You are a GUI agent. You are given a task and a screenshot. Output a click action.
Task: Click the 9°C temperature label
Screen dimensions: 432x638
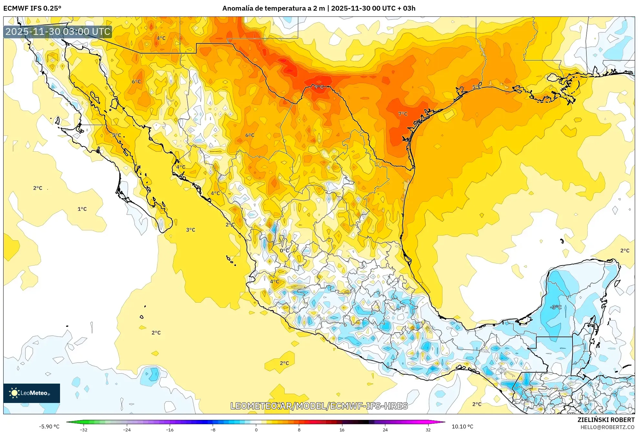tap(319, 87)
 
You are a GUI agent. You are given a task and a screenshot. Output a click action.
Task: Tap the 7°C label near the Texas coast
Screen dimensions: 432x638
tap(403, 114)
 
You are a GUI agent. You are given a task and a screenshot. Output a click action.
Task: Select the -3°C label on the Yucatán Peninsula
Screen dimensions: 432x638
tap(556, 307)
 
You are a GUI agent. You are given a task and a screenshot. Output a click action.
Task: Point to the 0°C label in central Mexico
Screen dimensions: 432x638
tap(284, 250)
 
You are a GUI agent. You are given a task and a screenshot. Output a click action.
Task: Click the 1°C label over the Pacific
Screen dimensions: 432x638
tap(82, 209)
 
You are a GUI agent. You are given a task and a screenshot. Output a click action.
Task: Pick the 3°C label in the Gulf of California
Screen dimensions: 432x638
tap(190, 230)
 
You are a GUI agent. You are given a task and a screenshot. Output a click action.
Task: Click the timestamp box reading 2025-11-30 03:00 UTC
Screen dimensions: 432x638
tap(58, 32)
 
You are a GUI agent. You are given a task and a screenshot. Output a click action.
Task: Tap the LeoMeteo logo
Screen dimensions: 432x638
tap(31, 393)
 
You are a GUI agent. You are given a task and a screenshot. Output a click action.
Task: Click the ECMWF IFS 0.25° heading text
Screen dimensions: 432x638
tap(32, 8)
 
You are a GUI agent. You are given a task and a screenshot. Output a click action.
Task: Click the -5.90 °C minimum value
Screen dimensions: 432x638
tap(49, 427)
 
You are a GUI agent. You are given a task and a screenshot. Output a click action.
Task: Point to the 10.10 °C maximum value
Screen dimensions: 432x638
tap(462, 427)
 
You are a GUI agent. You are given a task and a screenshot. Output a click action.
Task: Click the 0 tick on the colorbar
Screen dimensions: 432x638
tap(256, 430)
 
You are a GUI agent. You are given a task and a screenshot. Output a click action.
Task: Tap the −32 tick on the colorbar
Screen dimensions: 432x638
tap(83, 430)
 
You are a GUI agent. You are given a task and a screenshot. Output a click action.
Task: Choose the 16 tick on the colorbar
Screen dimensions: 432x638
tap(342, 430)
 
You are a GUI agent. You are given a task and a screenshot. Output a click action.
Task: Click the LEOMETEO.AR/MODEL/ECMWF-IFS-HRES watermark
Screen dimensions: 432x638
tap(319, 406)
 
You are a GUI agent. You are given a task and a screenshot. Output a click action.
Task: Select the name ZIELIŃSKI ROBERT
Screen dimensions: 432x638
tap(606, 420)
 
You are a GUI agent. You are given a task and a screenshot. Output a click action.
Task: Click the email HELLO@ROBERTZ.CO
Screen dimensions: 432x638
tap(607, 427)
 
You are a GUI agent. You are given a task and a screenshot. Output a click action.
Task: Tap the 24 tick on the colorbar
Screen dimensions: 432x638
tap(385, 430)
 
